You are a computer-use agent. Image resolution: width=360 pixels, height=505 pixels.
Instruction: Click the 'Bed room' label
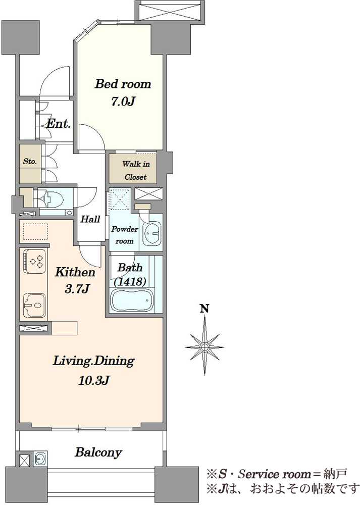[x=123, y=84]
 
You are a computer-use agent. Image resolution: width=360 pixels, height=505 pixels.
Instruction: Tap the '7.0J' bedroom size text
[x=122, y=102]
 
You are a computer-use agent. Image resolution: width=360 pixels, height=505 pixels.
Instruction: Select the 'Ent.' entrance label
[x=58, y=124]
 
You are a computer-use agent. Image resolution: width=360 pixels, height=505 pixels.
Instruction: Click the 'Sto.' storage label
[x=30, y=162]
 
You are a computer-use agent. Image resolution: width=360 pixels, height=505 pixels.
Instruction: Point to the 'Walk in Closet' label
[x=135, y=170]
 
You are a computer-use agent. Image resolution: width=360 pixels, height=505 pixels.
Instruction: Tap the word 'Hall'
[x=90, y=220]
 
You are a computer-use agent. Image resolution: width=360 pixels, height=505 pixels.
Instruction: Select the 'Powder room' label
[x=124, y=235]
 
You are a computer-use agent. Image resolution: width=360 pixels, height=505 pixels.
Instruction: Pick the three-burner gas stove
[x=34, y=261]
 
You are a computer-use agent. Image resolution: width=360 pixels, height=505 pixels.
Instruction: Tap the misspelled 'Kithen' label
[x=75, y=273]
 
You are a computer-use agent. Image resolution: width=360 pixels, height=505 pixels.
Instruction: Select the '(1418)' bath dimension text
[x=130, y=282]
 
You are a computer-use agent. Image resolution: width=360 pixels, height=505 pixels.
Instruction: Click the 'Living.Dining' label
[x=93, y=362]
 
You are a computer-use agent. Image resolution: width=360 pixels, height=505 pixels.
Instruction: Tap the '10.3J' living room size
[x=94, y=381]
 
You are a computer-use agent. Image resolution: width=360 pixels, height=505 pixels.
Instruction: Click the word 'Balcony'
[x=98, y=453]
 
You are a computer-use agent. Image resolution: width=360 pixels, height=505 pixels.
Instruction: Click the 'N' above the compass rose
[x=204, y=309]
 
